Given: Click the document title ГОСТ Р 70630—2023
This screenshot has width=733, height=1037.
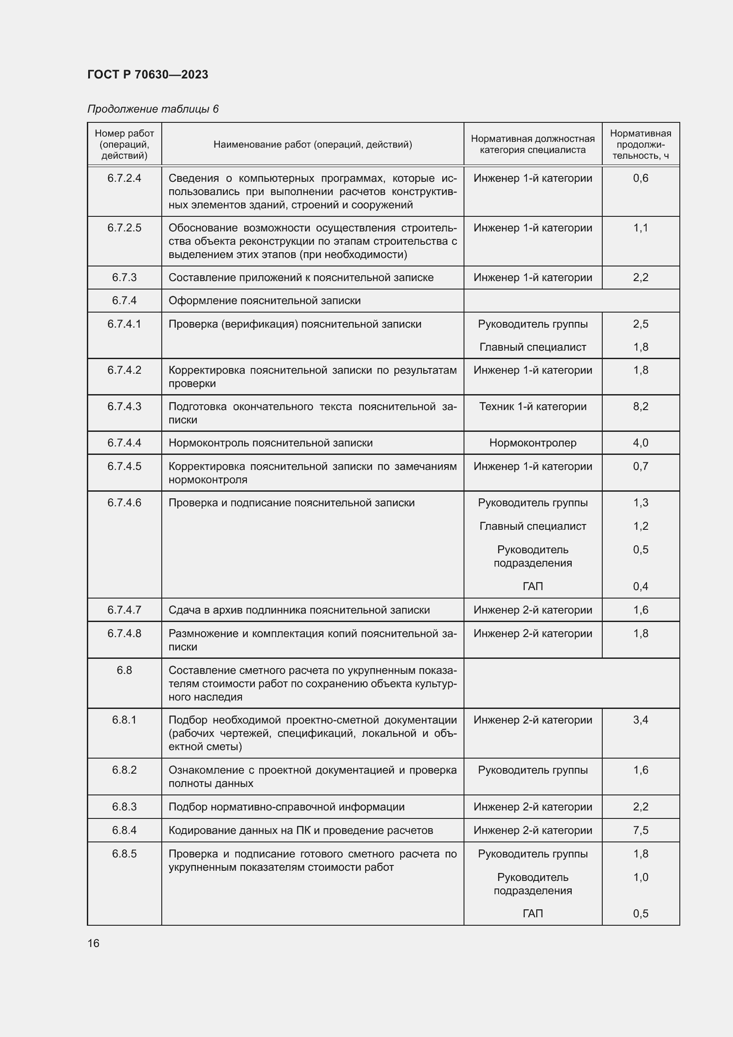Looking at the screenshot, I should pos(148,74).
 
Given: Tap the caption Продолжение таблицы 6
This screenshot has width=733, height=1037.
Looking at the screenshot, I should pos(152,109).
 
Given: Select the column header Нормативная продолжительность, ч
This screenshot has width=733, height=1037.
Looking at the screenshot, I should pos(640,145).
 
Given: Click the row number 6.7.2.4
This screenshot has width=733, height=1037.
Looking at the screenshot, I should pos(124,178).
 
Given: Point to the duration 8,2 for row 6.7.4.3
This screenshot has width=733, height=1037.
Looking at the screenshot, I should pos(640,406).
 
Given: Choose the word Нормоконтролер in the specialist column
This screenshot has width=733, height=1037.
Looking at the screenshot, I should pos(532,442).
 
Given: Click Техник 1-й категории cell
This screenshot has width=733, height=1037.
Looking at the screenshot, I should pos(532,406).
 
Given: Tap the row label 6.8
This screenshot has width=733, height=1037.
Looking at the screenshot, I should pos(124,670).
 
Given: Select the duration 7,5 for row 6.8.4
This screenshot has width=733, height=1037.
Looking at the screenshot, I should pos(640,830).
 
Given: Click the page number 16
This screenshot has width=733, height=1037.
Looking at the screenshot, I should pos(94,943).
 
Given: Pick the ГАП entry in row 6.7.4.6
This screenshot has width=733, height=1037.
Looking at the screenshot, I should pos(532,586).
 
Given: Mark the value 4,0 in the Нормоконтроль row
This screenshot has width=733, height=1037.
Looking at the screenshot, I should pos(640,442).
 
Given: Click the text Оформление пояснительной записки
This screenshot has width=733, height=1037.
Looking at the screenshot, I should pos(265,300).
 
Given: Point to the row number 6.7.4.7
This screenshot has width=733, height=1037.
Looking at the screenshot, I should pos(124,610).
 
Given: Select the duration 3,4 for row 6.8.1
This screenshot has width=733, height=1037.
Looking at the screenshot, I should pos(640,720).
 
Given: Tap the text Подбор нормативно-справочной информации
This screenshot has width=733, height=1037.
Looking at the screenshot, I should pos(286,806).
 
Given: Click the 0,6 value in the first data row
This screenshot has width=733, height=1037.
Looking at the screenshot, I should pos(640,178).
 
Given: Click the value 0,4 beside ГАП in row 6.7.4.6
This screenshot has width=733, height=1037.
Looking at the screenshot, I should pos(640,586).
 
